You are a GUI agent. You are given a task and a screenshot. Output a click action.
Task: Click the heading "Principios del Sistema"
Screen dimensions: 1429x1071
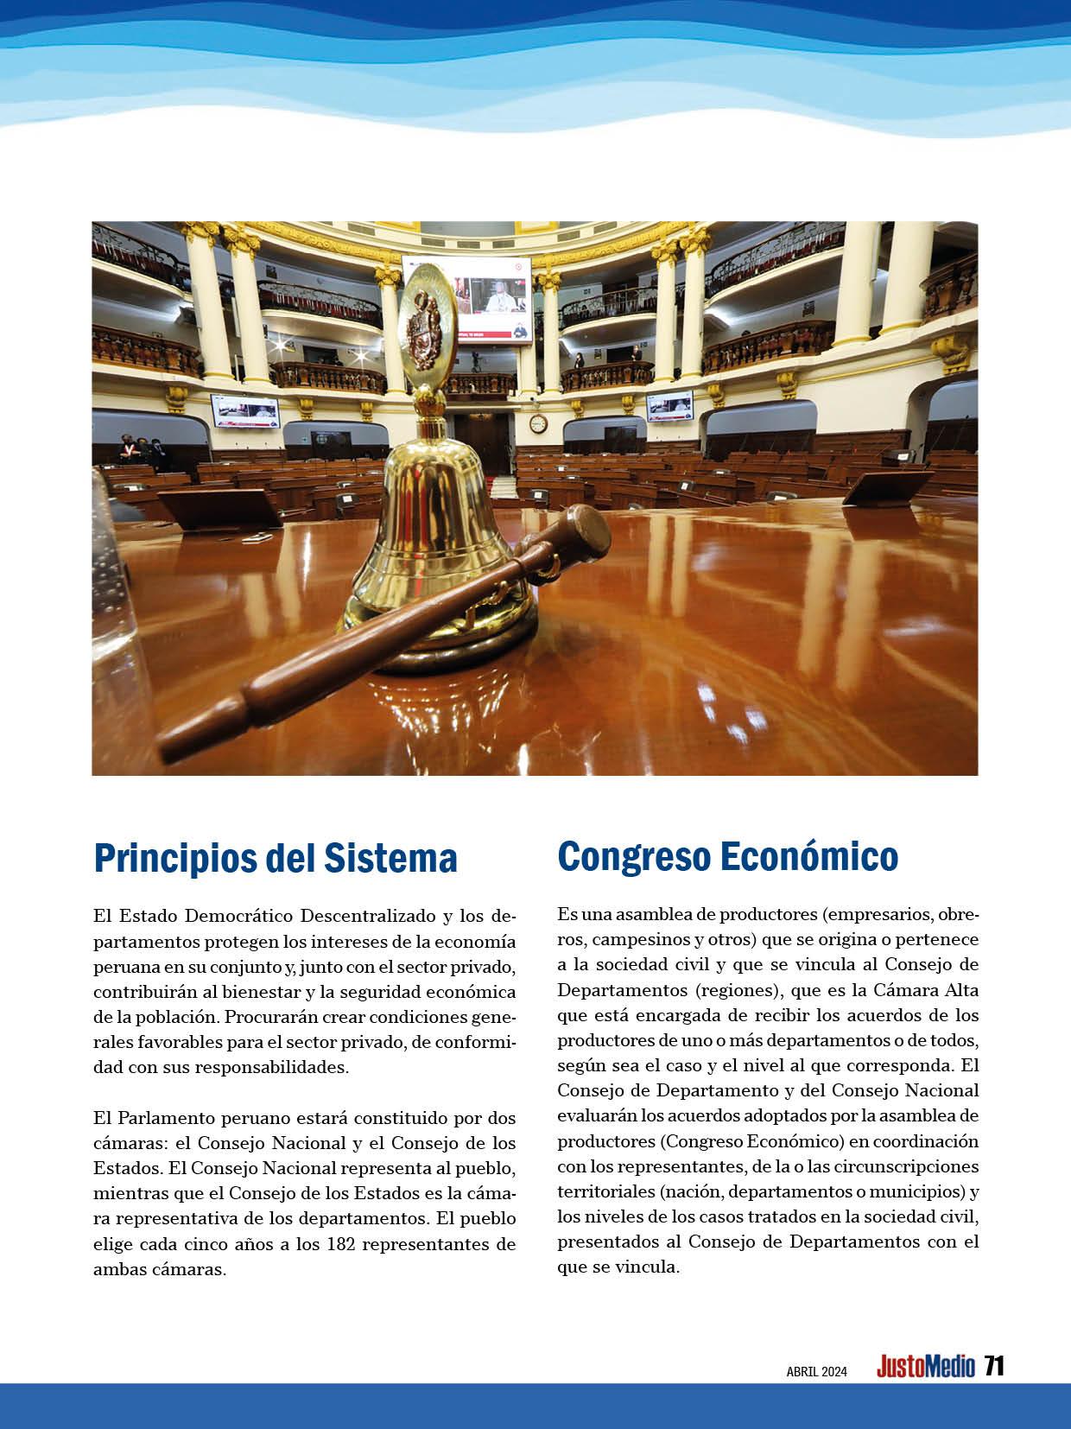275,858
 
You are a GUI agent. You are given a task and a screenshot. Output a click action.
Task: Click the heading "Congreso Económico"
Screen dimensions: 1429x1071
727,856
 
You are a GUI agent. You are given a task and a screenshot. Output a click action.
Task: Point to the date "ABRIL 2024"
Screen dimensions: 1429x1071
816,1371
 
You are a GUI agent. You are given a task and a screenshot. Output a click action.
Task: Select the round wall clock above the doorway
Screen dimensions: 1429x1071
538,423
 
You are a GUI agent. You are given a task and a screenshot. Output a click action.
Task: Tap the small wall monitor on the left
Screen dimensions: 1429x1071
245,411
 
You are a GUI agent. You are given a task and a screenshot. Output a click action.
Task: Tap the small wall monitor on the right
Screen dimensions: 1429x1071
669,405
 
